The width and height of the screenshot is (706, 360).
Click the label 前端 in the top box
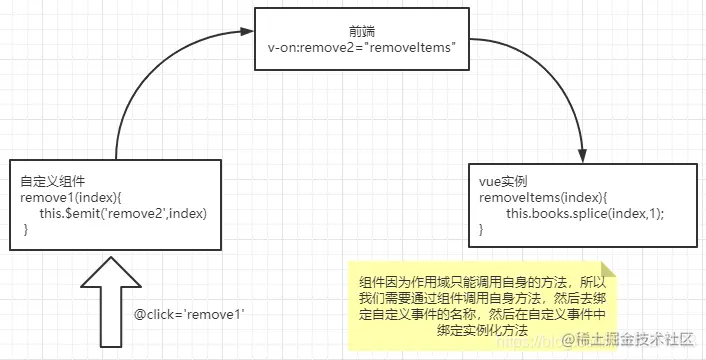coord(362,31)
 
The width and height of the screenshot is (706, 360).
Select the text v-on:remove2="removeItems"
coord(362,47)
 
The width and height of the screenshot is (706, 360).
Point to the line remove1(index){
coord(64,199)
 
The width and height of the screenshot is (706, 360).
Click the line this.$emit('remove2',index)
coord(121,215)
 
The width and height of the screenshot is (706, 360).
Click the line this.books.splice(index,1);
coord(585,215)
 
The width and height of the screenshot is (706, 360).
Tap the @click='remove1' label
coord(190,314)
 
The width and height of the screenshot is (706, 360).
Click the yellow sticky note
coord(480,305)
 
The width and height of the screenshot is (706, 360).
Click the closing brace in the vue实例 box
coord(481,231)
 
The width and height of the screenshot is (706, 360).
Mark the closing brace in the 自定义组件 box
coord(26,231)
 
